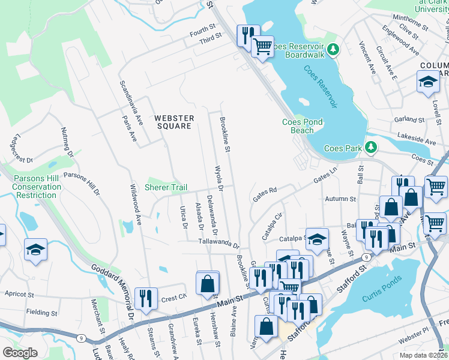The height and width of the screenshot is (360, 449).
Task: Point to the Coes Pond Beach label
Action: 302,126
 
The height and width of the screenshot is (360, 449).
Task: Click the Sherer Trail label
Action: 166,188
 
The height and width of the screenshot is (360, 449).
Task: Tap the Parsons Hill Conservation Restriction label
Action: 37,187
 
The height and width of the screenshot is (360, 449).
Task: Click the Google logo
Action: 20,352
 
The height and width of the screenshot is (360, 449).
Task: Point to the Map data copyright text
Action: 423,355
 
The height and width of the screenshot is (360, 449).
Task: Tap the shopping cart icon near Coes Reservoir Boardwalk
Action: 262,46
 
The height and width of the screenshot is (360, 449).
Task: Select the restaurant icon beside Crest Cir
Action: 146,298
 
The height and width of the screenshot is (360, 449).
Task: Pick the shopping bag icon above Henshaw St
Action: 208,282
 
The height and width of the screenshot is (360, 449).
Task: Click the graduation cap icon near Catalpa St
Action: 317,238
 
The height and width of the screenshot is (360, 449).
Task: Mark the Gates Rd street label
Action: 265,194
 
